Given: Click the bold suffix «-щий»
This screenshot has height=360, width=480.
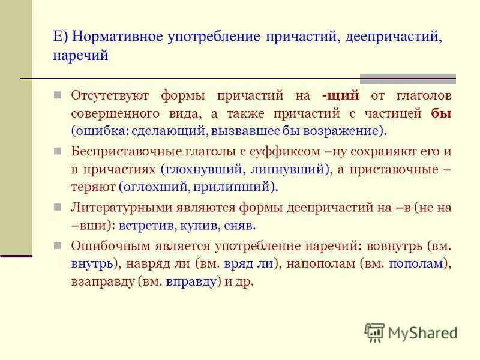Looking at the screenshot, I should [x=340, y=95].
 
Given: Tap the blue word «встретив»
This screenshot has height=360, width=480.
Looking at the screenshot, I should [x=144, y=226].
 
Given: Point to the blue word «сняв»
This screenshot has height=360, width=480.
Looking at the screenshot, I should [x=242, y=226].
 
